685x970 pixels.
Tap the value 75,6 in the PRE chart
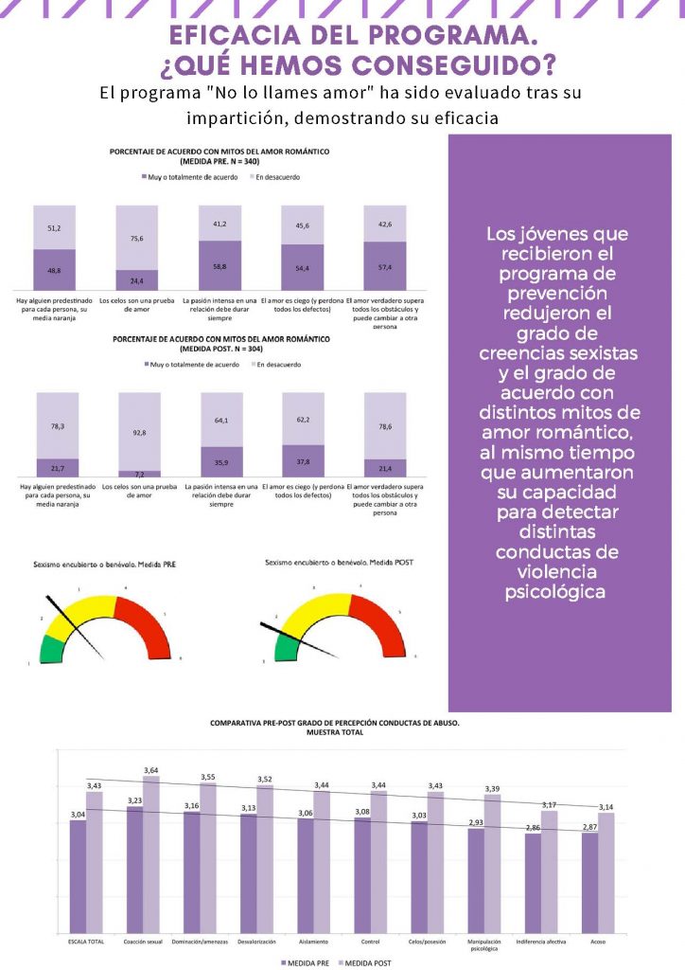click(136, 239)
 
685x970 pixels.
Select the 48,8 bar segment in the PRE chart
click(54, 270)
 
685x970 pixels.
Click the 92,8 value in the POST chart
click(136, 432)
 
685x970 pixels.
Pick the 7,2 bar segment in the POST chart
click(136, 473)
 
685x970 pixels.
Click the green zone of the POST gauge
click(281, 648)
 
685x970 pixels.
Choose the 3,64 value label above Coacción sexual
click(151, 770)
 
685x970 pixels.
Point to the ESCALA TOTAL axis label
click(86, 942)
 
